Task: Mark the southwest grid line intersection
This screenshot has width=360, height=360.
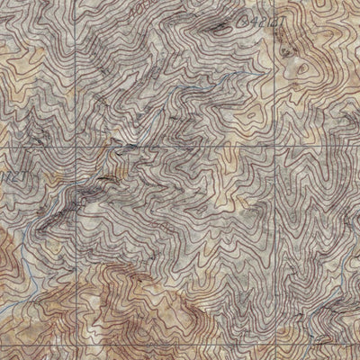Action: [76, 340]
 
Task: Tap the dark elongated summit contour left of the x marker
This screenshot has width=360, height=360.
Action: [216, 26]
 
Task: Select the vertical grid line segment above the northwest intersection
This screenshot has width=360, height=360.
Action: [76, 72]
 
